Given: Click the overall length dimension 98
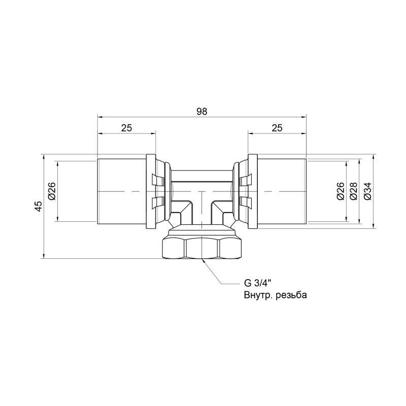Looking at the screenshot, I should tap(202, 112).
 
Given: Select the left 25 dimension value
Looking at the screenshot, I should tap(126, 129).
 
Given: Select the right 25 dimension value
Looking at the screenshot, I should tap(277, 129).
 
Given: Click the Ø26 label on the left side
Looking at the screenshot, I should tap(51, 191).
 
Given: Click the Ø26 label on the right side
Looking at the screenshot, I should tap(340, 191).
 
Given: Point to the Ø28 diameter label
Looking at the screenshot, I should tap(354, 191).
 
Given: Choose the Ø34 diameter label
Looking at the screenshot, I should tap(367, 191).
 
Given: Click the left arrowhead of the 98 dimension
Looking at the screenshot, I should tap(99, 117).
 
